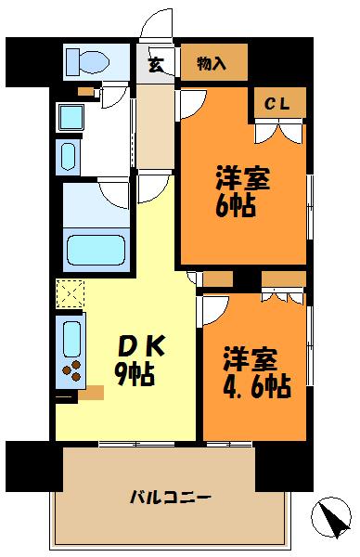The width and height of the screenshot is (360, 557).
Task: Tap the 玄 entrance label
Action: click(156, 64)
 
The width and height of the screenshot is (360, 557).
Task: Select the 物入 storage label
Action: click(212, 63)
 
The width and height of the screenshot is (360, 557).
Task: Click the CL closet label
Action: click(276, 104)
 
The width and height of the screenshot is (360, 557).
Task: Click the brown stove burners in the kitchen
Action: click(71, 371)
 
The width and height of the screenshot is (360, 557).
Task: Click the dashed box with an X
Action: click(70, 294)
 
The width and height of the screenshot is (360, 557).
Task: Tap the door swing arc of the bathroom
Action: click(113, 193)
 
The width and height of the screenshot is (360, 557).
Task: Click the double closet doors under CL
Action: click(277, 132)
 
